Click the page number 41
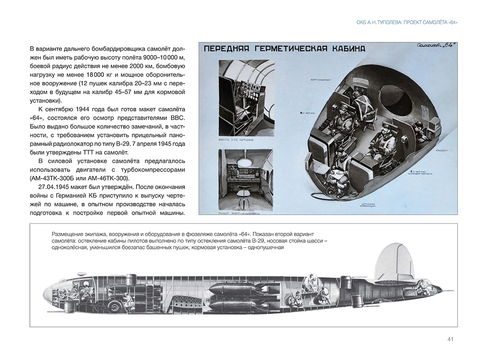[450, 339]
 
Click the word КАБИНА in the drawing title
[344, 49]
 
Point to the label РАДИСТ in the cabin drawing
[441, 150]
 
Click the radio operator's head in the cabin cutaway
[418, 126]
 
